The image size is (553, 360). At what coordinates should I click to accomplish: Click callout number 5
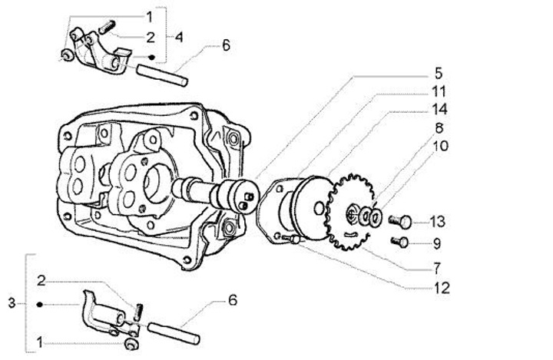pos(438,74)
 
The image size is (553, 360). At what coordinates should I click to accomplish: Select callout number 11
pos(439,91)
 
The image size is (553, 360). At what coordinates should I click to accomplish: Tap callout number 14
pos(440,109)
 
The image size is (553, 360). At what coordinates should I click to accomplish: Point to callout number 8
pos(439,128)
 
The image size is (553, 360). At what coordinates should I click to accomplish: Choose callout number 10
pos(440,146)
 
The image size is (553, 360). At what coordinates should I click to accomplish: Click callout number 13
pos(437,222)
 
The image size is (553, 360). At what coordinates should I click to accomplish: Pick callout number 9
pos(436,243)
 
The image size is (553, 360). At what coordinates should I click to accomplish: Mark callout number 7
pos(437,269)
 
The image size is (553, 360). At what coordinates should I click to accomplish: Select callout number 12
pos(442,289)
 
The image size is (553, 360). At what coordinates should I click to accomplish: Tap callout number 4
pos(179,38)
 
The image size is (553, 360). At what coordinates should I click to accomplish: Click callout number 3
pos(12,303)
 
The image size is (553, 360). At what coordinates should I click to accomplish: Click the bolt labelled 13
pos(400,221)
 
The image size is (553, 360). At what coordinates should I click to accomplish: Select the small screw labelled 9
pos(399,243)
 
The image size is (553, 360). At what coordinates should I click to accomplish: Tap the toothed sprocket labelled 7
pos(350,213)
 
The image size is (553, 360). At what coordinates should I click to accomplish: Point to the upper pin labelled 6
pos(162,74)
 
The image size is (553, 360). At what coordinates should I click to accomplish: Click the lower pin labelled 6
pos(173,333)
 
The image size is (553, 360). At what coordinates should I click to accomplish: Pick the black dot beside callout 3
pos(39,304)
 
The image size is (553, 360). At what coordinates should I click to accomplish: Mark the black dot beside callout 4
pos(151,57)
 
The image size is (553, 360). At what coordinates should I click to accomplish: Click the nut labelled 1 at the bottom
pos(131,345)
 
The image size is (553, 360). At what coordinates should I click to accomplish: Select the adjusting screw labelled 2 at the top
pos(107,27)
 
